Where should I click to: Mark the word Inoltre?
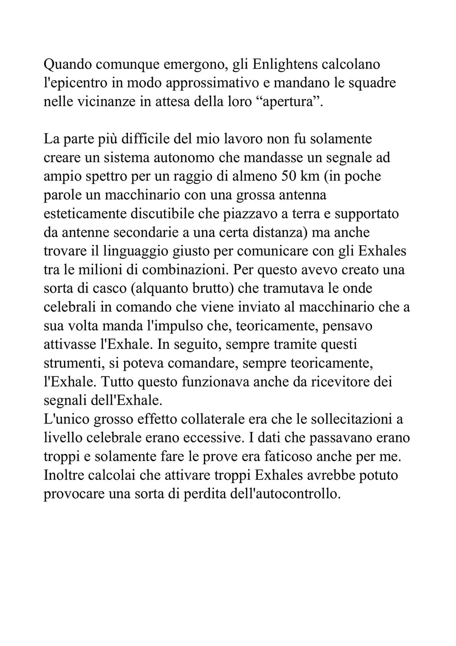tap(64, 475)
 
